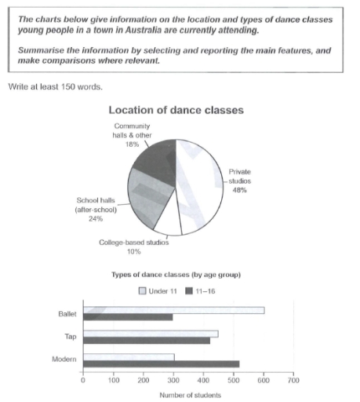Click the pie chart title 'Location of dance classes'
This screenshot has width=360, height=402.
(x=179, y=111)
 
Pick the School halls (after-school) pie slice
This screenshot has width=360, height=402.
(x=149, y=195)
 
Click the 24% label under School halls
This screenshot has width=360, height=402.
(x=89, y=219)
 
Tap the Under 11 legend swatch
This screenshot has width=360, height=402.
(x=142, y=291)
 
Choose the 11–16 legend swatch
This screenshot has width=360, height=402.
(x=188, y=291)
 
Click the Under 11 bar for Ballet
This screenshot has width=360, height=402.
(x=173, y=310)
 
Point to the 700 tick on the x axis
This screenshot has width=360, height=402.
(x=293, y=381)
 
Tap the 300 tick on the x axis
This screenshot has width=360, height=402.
(x=174, y=381)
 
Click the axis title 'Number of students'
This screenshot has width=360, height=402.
(x=190, y=395)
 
